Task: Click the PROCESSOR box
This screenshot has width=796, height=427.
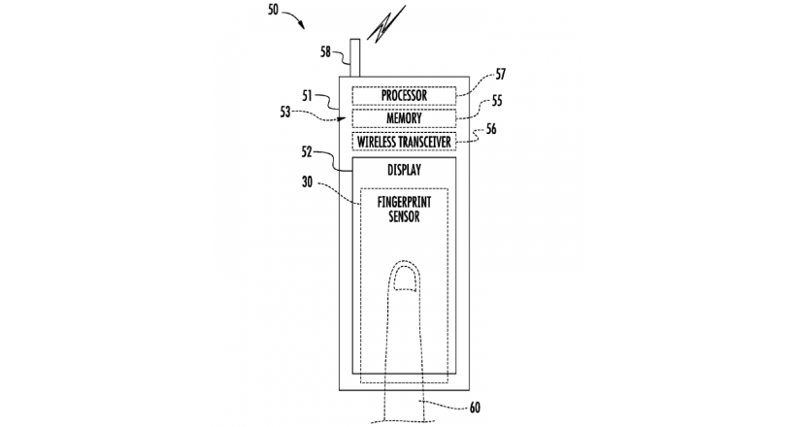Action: [404, 95]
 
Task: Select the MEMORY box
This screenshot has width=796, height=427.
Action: [404, 118]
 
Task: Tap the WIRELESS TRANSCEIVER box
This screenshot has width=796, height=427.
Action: [404, 142]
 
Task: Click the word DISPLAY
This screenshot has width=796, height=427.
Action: [404, 170]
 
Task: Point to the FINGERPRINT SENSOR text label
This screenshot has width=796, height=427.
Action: [404, 210]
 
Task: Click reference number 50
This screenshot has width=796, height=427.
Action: [274, 10]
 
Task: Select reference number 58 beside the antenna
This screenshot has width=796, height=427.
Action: [326, 51]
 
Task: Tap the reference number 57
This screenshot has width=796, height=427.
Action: [501, 74]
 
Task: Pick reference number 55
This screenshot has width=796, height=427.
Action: [497, 101]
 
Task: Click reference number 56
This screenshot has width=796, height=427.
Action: [491, 129]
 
